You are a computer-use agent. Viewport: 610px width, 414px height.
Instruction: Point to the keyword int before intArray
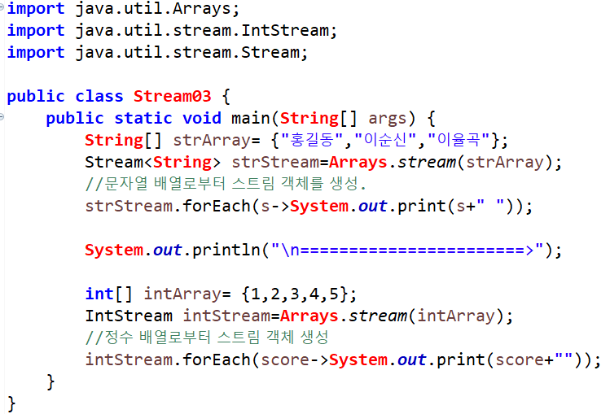click(99, 294)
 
